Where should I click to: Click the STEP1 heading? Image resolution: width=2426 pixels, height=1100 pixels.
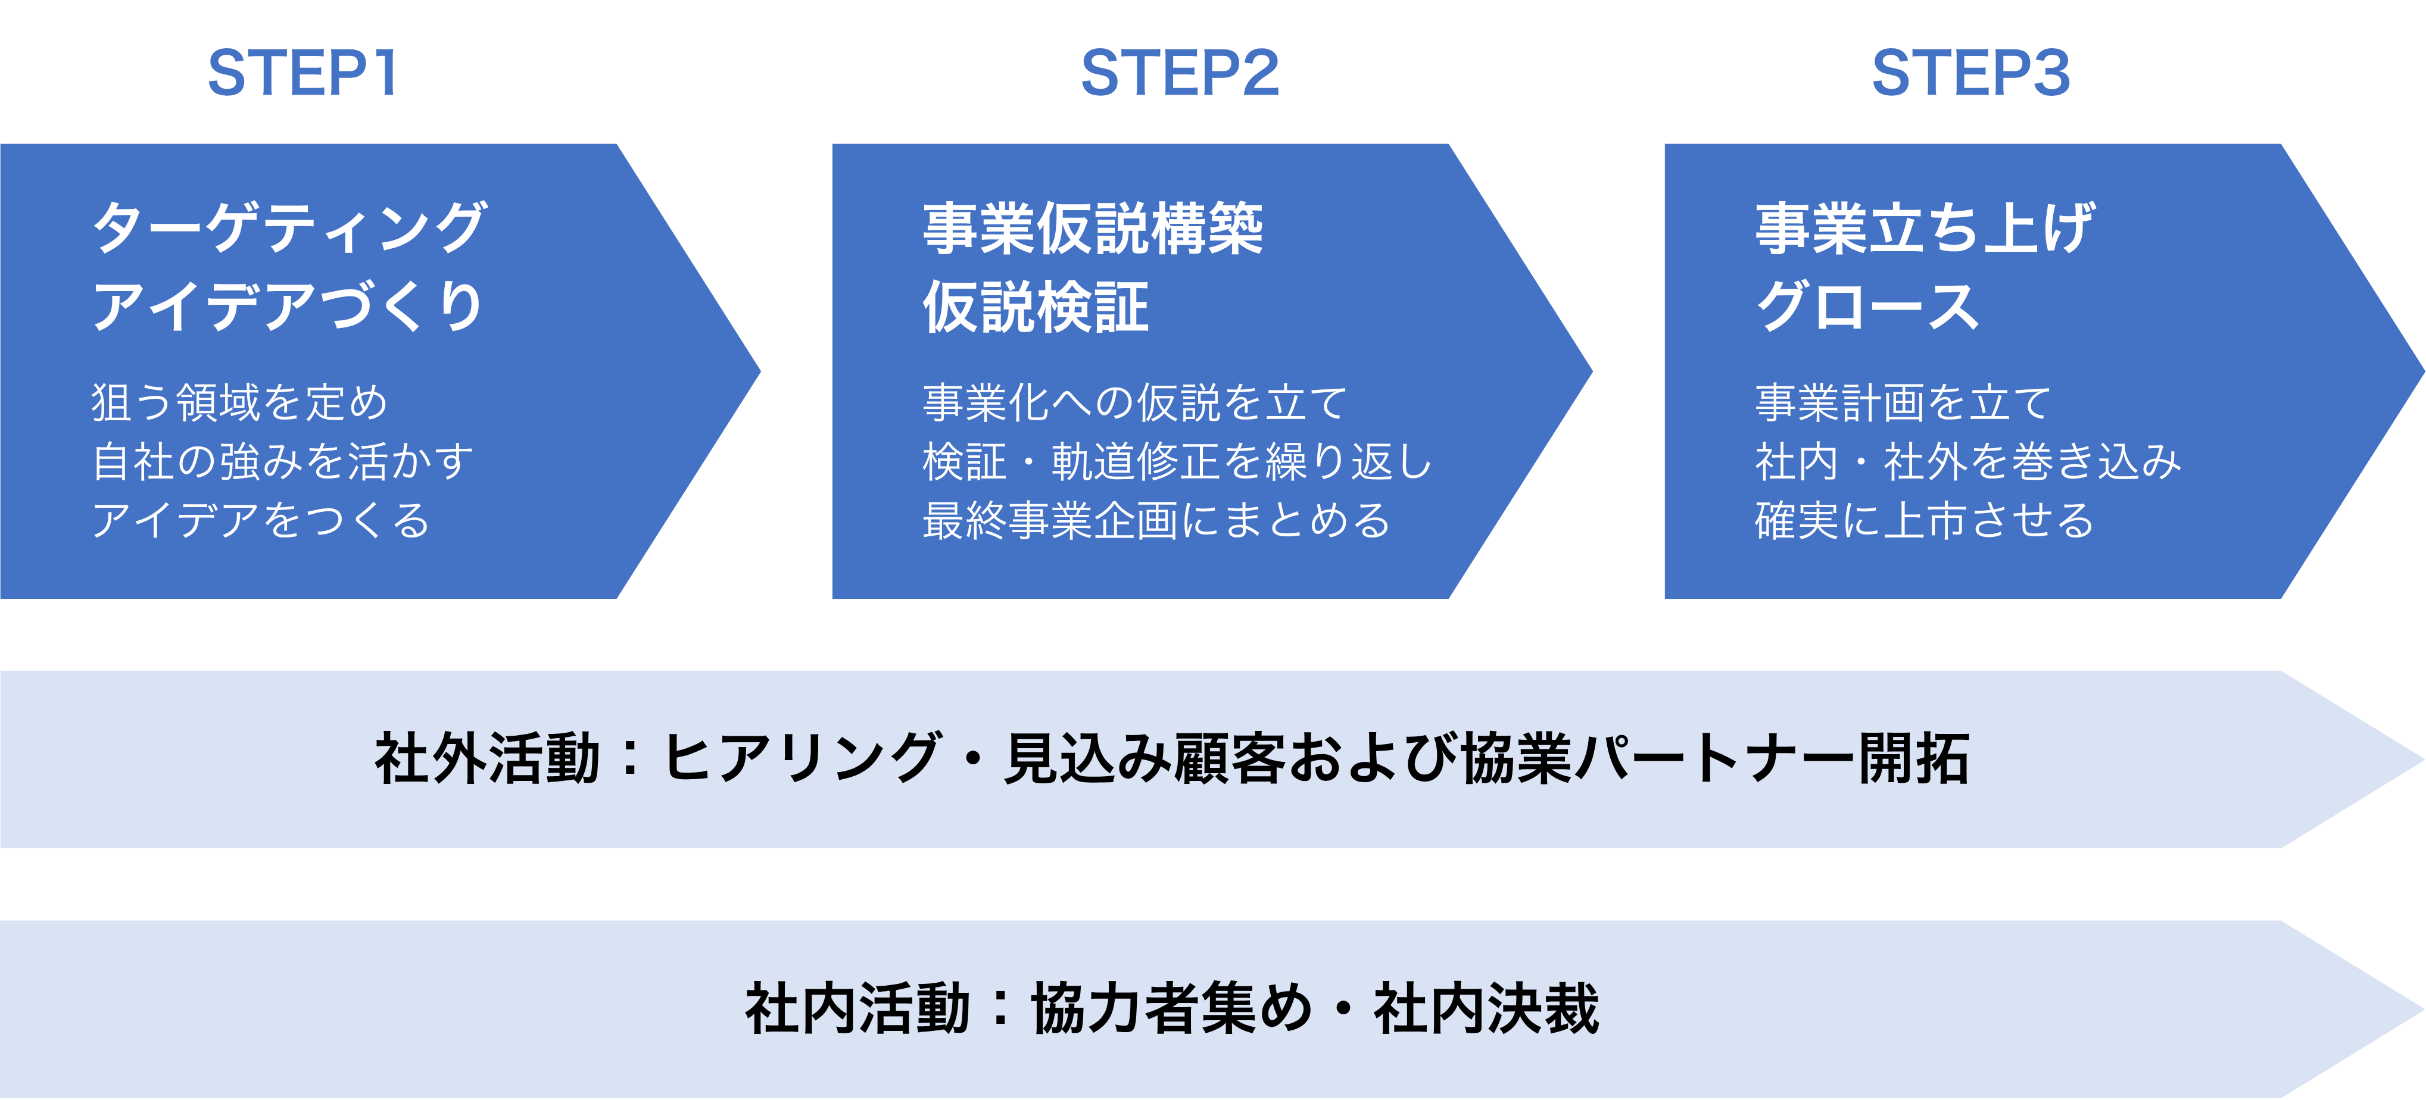[303, 73]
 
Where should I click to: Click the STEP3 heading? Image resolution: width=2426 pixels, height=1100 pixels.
[1970, 73]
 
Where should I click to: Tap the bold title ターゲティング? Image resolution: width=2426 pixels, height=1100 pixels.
[289, 228]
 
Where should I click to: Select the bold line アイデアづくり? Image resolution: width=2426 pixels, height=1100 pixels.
[287, 307]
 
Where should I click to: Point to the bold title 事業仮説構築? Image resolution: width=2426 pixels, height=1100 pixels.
[1093, 229]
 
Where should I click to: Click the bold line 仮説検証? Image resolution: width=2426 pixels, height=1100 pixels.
[1036, 308]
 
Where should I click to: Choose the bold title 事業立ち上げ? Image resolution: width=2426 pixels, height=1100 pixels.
[1924, 229]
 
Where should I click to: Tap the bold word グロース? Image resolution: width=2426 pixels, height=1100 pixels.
[1867, 308]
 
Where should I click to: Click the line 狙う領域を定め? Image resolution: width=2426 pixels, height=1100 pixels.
[240, 403]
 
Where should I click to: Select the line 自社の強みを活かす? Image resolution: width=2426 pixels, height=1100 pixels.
[282, 461]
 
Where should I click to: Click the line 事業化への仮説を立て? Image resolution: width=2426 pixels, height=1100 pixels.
[1135, 403]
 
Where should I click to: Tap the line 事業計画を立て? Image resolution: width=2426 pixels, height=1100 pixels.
[1903, 403]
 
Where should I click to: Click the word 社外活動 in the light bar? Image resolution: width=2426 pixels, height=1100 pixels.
[487, 759]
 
